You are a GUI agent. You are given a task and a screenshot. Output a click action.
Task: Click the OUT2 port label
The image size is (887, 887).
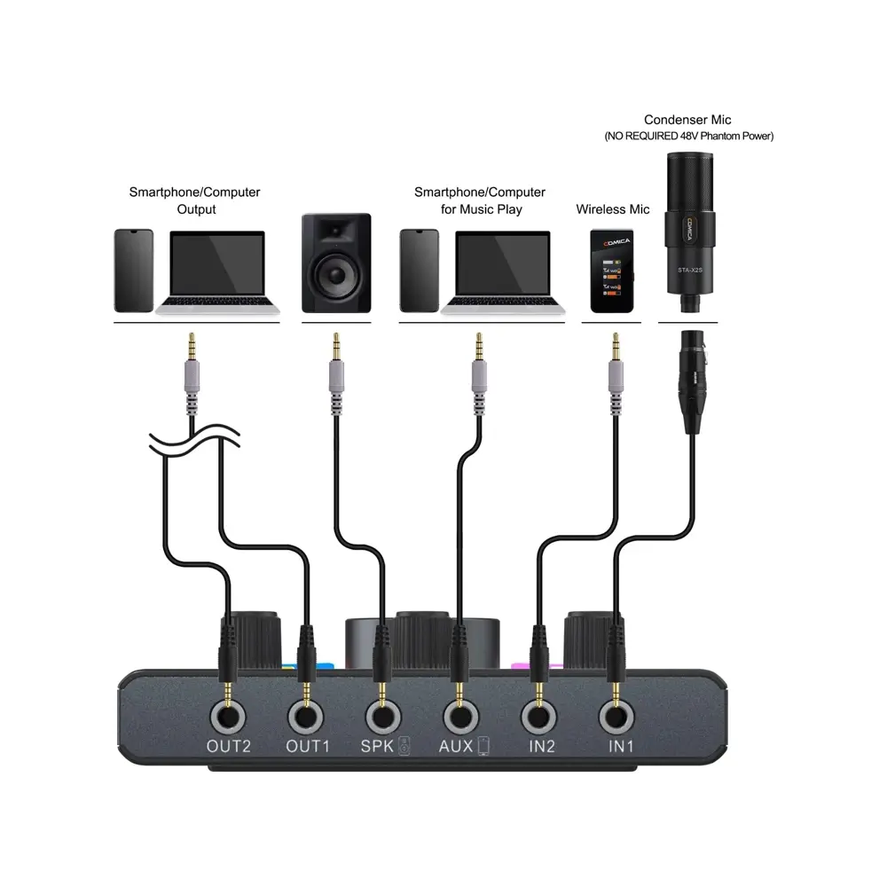(x=229, y=746)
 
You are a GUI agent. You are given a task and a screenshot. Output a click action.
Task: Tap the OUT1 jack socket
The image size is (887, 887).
(x=308, y=715)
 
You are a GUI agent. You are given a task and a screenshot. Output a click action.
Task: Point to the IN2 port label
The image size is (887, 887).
(x=541, y=746)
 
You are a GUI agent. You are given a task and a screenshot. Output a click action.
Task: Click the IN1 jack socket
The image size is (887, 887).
(x=614, y=715)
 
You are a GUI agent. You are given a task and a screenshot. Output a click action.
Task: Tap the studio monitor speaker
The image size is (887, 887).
(x=336, y=263)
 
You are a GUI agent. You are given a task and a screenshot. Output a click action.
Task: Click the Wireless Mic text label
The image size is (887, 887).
(x=613, y=209)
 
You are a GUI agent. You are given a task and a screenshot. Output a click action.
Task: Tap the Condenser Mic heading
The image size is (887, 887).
(x=688, y=120)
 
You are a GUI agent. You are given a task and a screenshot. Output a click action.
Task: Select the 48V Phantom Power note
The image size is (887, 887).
(x=689, y=137)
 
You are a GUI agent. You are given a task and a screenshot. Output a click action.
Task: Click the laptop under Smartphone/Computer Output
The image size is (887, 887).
(x=216, y=271)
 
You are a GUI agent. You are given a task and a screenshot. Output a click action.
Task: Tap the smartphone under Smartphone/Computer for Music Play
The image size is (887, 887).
(x=418, y=271)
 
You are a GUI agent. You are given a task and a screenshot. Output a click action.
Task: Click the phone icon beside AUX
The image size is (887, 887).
(x=483, y=747)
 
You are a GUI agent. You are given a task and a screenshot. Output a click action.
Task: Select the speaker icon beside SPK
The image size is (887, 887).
(x=404, y=747)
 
